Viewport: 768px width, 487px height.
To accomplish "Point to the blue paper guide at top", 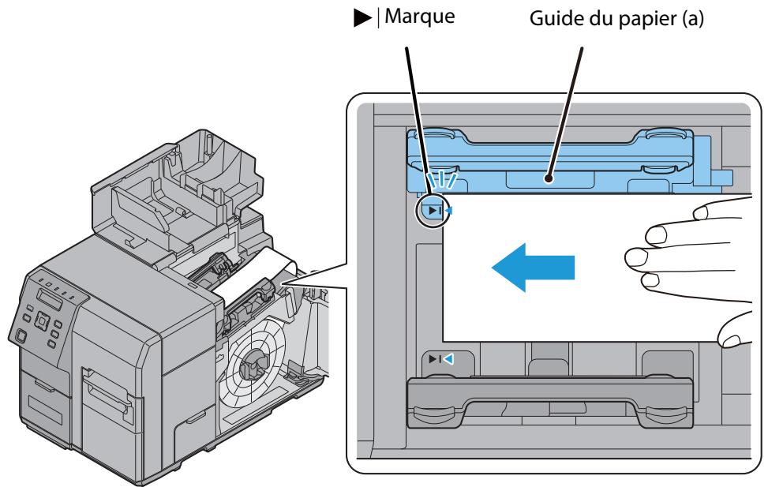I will point(553,162).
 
